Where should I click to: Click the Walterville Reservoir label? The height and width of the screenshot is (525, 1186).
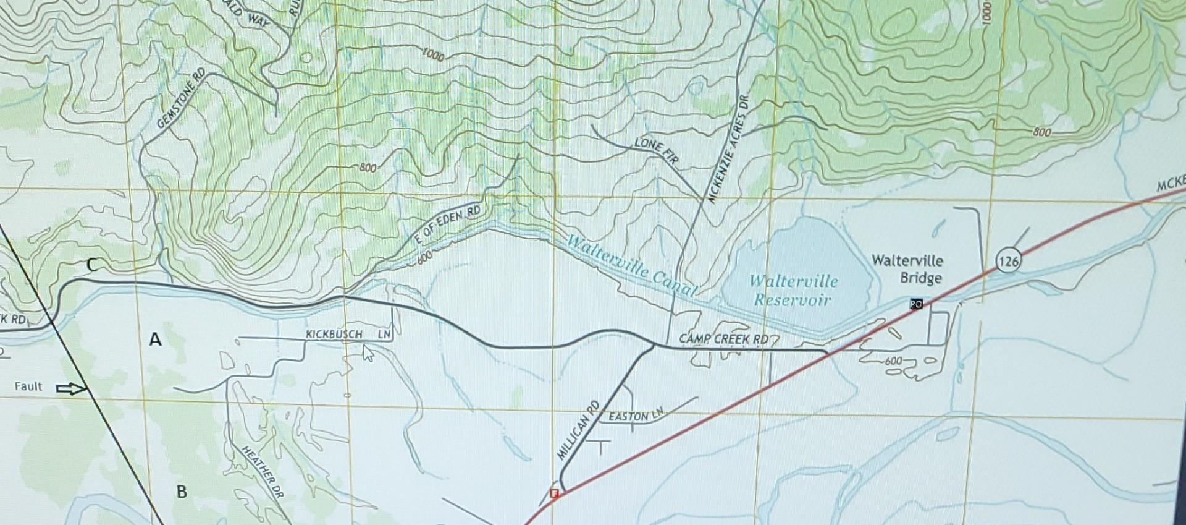tap(793, 291)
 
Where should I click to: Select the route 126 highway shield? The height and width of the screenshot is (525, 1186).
tap(1007, 262)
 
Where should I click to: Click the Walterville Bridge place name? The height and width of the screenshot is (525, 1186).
tap(907, 269)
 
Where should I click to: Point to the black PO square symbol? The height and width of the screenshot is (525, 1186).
tap(916, 304)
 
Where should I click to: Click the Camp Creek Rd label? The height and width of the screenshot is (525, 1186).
tap(723, 339)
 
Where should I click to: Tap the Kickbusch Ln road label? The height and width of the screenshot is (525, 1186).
tap(348, 335)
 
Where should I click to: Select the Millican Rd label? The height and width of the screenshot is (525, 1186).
tap(578, 430)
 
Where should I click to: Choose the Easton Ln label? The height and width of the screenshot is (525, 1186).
tap(636, 416)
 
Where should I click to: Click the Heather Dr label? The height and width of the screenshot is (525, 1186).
tap(261, 473)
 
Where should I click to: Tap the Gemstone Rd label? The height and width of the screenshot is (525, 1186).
tap(181, 99)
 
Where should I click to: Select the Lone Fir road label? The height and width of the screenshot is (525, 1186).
tap(657, 151)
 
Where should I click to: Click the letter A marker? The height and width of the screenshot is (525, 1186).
tap(155, 339)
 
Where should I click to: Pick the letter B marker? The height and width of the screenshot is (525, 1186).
tap(182, 492)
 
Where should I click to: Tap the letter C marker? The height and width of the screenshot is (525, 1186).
tap(91, 266)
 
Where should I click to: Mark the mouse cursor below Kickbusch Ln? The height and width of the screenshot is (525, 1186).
tap(368, 353)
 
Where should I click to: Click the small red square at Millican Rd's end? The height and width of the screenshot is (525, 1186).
tap(554, 493)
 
